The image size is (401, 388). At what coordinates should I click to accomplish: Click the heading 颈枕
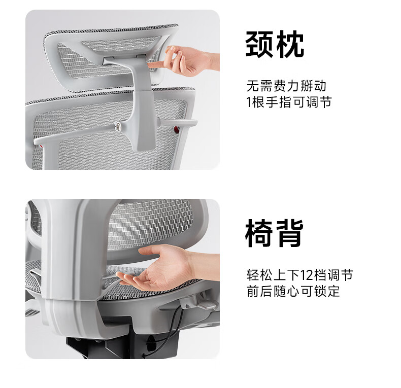coord(275,44)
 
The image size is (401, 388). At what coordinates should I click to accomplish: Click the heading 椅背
coord(275,233)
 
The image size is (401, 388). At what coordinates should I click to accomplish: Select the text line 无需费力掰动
coord(286,86)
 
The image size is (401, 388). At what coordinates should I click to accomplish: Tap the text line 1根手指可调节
coord(289,102)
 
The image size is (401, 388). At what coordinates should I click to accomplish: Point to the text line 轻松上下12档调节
coord(299,275)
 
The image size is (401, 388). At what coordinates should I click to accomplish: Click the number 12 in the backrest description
coord(306,275)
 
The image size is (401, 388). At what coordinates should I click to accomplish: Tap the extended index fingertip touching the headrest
coord(150,65)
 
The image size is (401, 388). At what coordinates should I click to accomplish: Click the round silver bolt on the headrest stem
coord(118,125)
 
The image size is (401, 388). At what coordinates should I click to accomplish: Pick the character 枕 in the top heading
coord(290,44)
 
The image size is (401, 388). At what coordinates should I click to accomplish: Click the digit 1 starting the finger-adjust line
coord(249,102)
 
